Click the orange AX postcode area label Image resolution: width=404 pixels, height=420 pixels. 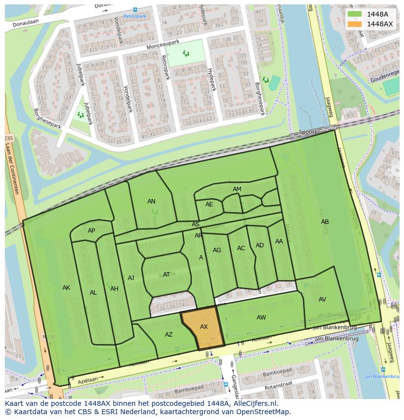[x=204, y=327]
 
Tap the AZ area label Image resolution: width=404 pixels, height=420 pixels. [x=168, y=335]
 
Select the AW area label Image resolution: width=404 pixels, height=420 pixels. [x=261, y=318]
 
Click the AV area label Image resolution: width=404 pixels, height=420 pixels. [x=322, y=300]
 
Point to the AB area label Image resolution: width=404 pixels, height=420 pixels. [x=324, y=222]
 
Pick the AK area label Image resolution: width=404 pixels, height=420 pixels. [x=66, y=288]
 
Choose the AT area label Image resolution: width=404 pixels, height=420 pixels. [x=166, y=275]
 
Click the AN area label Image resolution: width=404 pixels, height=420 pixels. [x=151, y=201]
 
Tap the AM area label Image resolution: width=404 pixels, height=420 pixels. [x=237, y=189]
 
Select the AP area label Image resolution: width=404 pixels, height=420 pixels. [x=91, y=231]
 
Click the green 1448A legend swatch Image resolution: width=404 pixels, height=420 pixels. [x=355, y=14]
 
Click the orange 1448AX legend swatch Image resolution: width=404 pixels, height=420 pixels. [x=355, y=24]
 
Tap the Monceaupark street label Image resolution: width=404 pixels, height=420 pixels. [x=163, y=45]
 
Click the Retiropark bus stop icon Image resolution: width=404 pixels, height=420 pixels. [x=135, y=9]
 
